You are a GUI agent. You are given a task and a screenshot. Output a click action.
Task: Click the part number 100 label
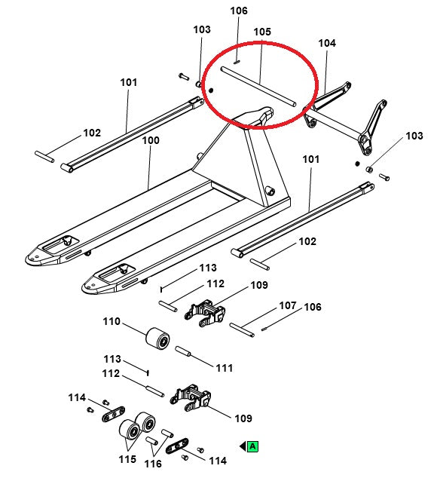151,140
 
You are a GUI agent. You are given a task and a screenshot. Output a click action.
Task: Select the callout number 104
326,44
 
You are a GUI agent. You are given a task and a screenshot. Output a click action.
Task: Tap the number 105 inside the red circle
261,32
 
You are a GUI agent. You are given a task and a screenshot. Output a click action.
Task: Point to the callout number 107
288,306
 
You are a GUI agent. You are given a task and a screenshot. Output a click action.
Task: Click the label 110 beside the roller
112,322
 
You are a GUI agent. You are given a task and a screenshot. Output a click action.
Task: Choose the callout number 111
225,367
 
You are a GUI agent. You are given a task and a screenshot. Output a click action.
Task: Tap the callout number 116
153,464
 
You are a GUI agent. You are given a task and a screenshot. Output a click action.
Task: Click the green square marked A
253,446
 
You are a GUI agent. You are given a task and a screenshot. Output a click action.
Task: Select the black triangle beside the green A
243,446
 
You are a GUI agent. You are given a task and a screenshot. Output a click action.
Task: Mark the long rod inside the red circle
258,85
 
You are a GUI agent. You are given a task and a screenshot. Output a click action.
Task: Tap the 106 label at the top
238,11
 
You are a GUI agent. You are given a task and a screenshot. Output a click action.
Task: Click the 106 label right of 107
313,307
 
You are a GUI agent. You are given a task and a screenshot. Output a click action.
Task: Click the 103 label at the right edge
414,136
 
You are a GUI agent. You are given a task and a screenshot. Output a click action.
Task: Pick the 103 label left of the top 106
202,29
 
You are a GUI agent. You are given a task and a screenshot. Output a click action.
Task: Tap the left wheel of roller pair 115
130,431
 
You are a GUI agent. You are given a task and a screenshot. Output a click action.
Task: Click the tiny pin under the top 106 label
237,62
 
